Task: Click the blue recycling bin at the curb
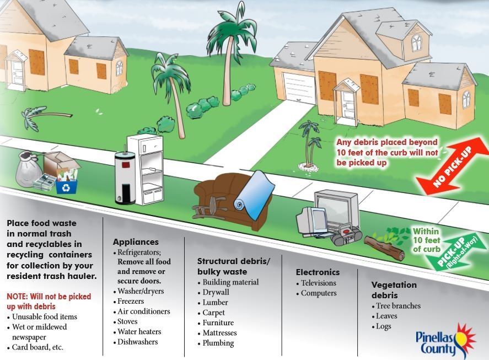(x=66, y=184)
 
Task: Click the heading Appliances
(x=136, y=242)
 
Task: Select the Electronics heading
(x=318, y=272)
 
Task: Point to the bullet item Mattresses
(x=219, y=333)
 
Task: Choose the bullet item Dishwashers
(x=137, y=342)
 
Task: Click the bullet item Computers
(x=318, y=293)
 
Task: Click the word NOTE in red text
(x=18, y=297)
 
